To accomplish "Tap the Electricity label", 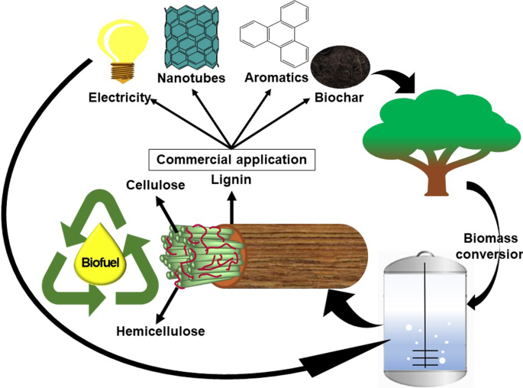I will pos(119,98).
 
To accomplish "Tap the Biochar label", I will pos(336,98).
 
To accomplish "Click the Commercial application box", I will pos(231,160).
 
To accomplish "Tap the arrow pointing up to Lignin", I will pos(230,205).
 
